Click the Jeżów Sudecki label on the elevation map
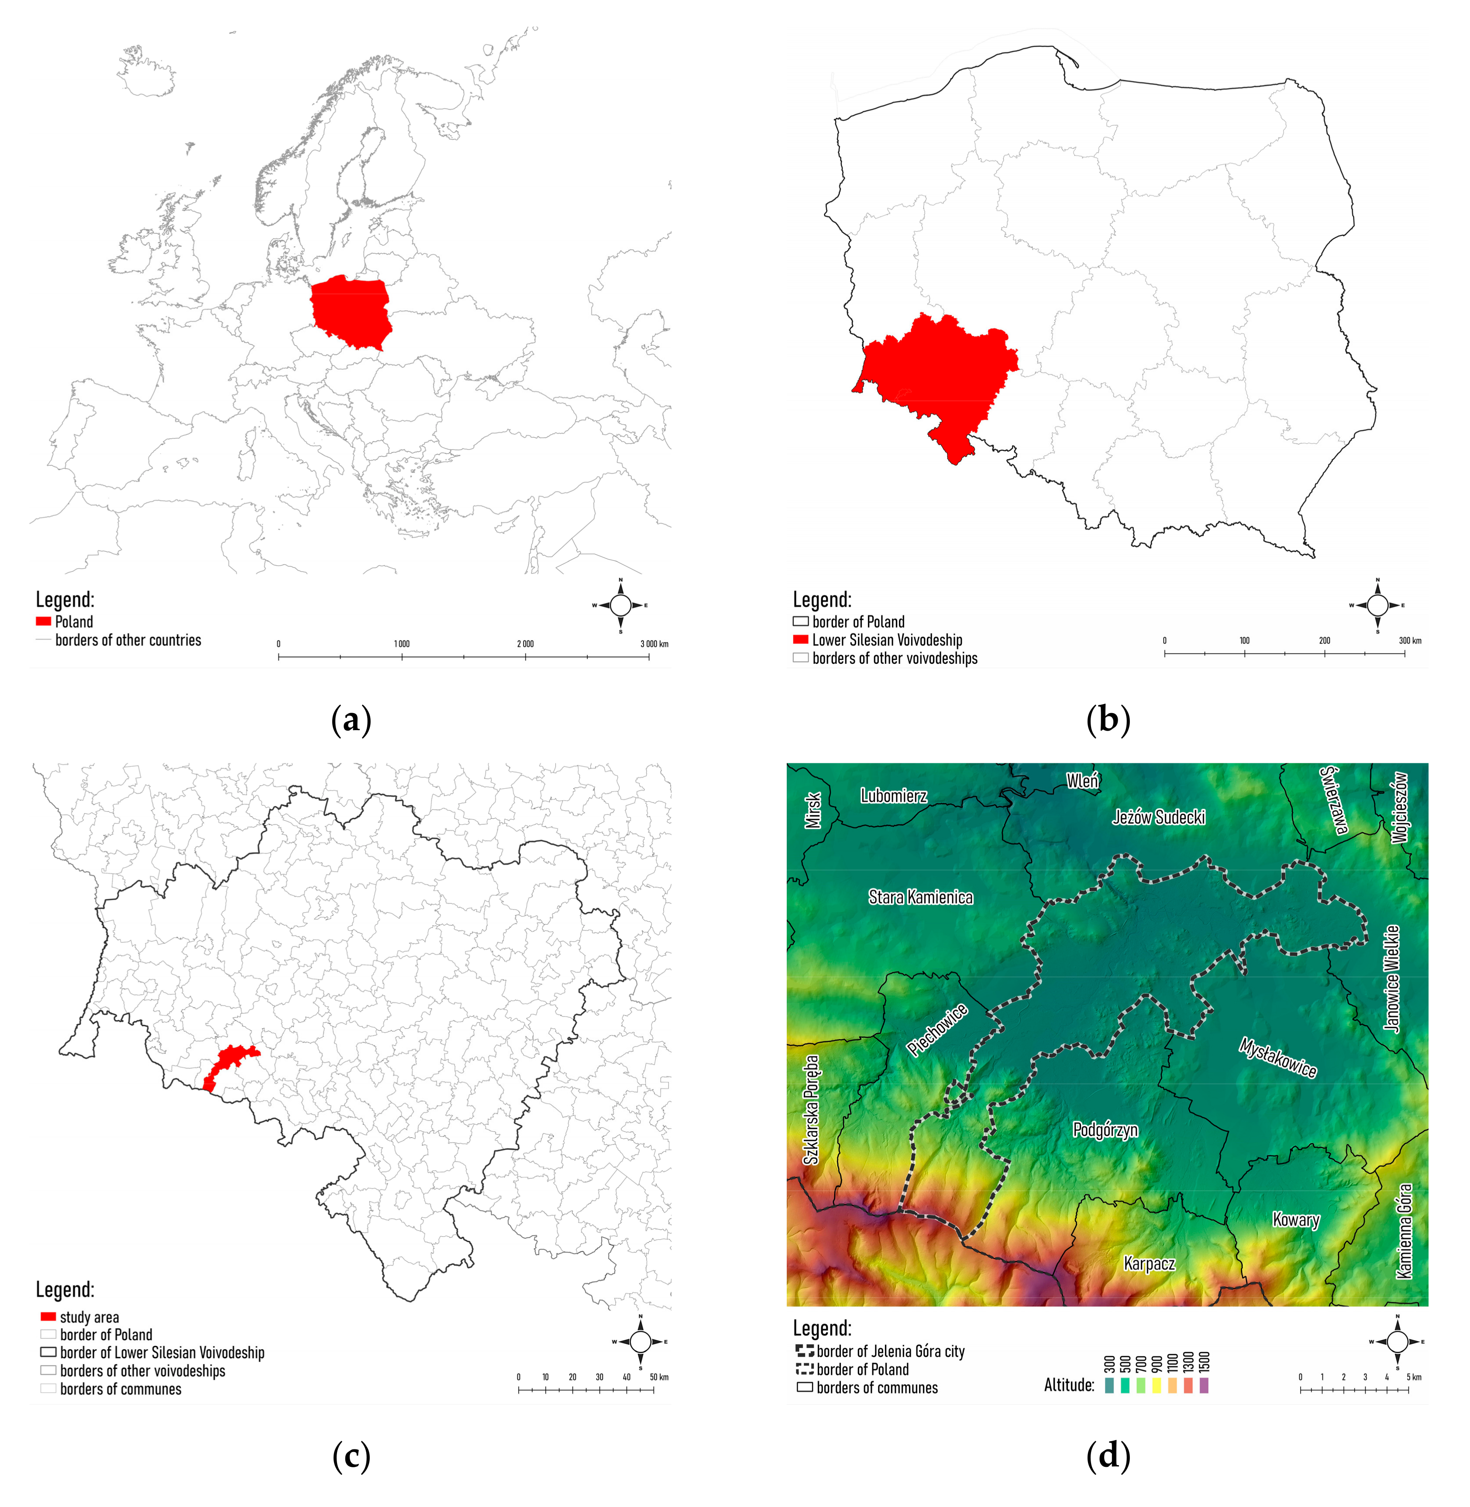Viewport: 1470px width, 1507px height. (x=1158, y=817)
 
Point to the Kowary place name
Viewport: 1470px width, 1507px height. (x=1295, y=1220)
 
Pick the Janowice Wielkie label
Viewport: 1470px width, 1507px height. (x=1391, y=978)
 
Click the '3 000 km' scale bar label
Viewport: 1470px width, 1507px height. (x=654, y=644)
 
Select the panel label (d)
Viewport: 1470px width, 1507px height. (x=1108, y=1456)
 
